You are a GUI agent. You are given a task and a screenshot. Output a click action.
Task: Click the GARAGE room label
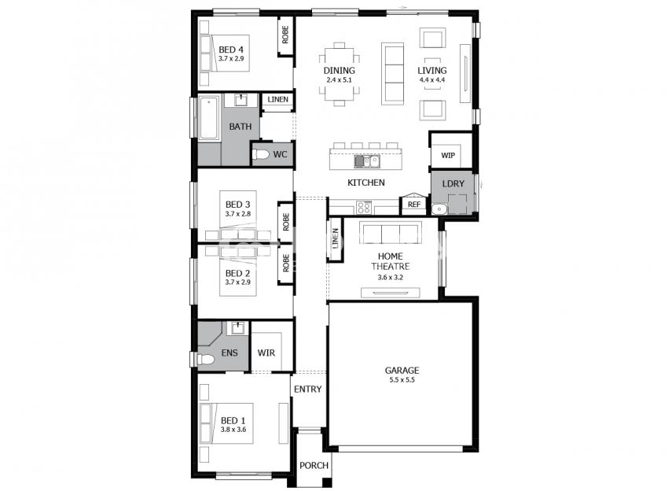click(x=402, y=370)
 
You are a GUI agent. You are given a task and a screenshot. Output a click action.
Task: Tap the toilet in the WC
click(x=261, y=154)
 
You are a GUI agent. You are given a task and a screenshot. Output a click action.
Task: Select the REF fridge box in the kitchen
click(x=414, y=205)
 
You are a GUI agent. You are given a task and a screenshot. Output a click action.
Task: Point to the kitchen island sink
click(x=367, y=161)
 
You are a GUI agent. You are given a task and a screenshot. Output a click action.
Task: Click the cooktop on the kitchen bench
click(x=364, y=208)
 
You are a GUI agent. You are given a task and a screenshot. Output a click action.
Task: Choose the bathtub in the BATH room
click(x=209, y=118)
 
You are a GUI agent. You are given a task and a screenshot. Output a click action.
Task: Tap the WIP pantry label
click(x=448, y=155)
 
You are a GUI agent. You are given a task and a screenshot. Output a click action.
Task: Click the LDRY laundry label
click(x=453, y=183)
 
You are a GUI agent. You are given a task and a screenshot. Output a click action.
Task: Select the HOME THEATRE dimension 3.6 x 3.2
click(x=390, y=277)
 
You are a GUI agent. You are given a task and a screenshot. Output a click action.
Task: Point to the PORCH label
click(x=314, y=465)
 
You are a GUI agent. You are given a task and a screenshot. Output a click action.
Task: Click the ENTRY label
click(x=308, y=389)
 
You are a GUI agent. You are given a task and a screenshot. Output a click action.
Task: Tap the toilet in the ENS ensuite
click(x=205, y=360)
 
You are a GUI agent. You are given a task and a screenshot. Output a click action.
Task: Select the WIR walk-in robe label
click(x=266, y=353)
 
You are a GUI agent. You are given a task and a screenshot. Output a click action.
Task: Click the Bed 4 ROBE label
click(x=285, y=35)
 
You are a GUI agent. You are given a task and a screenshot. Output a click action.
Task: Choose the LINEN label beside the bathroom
click(x=277, y=100)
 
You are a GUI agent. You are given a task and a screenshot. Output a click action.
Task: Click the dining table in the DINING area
click(x=340, y=75)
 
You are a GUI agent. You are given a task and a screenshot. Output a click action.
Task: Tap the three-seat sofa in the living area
click(x=392, y=73)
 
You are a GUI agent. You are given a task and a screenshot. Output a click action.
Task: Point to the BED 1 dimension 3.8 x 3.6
click(x=233, y=429)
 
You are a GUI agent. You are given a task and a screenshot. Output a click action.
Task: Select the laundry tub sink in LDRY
click(x=439, y=209)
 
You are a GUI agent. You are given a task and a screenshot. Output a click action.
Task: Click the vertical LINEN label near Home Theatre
click(x=335, y=238)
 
